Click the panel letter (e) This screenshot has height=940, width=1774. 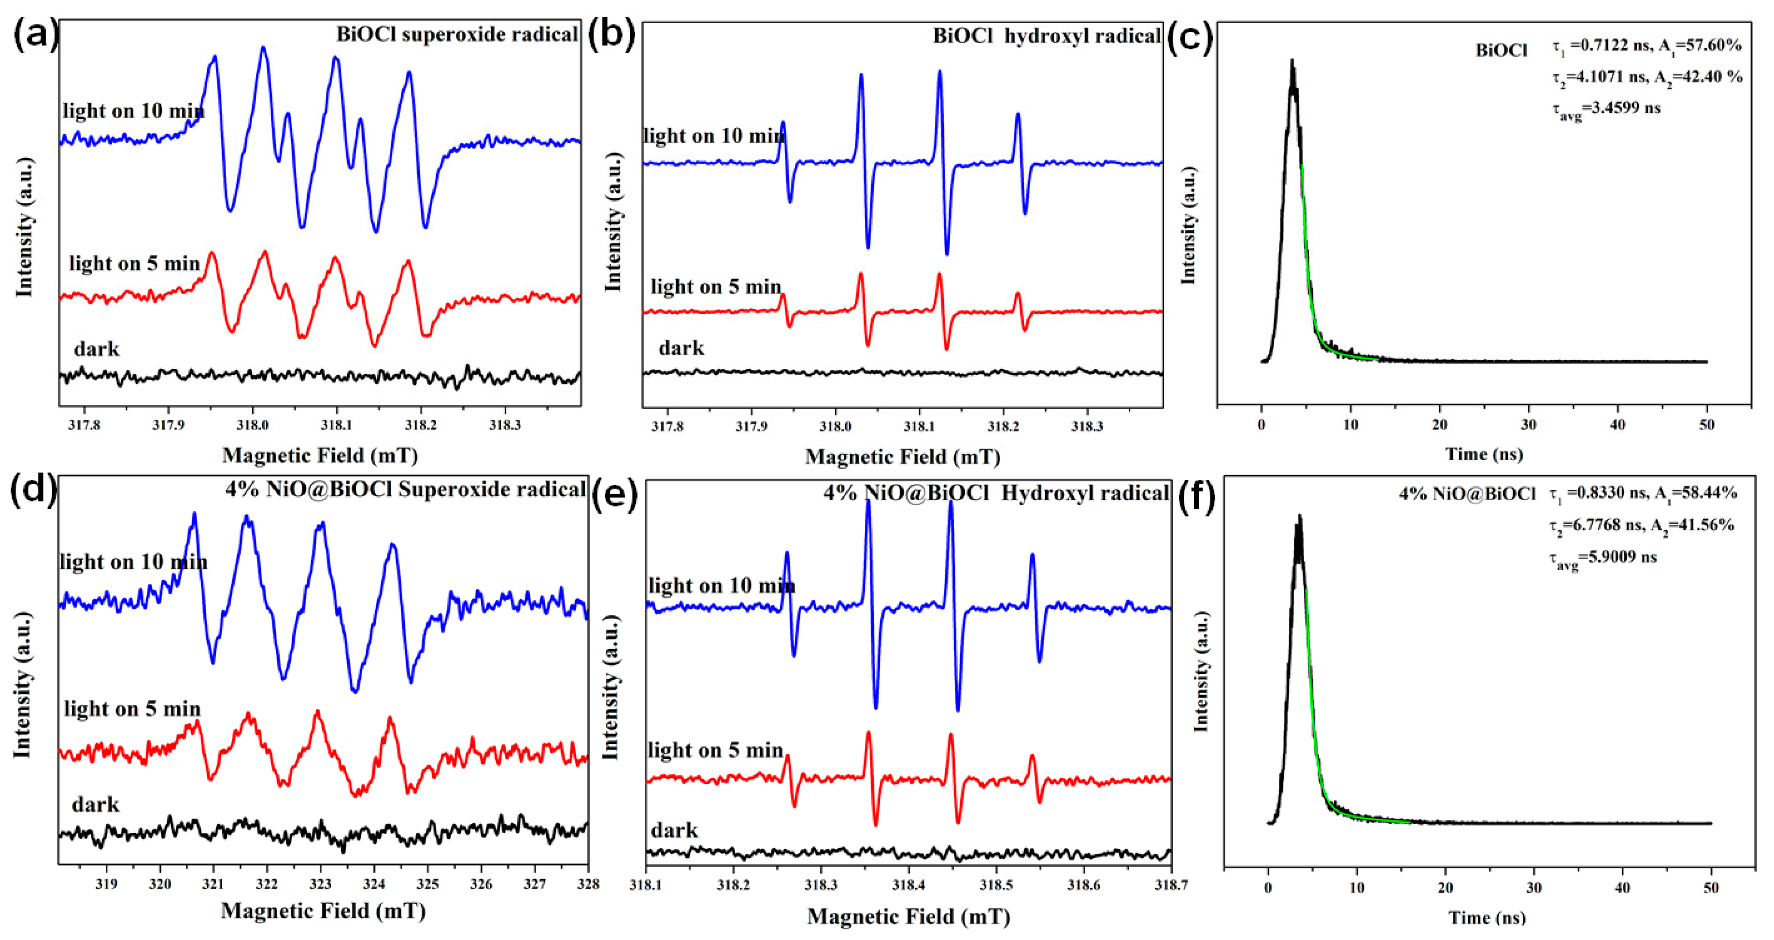614,494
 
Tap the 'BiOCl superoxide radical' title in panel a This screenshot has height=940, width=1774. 456,34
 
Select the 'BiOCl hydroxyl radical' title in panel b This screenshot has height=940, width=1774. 1046,37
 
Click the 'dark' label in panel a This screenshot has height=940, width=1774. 97,349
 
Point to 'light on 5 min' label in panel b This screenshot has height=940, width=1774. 715,286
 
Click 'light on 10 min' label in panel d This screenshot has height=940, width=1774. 133,562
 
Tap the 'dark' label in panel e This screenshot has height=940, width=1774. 674,830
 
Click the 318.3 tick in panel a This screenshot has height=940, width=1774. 505,425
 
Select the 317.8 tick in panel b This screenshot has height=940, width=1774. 667,426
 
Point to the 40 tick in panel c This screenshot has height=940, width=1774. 1618,425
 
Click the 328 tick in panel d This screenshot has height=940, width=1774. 587,884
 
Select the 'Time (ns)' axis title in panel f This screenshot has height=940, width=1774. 1487,917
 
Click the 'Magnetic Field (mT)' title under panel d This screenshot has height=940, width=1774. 323,911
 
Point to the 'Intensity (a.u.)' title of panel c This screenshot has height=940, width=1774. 1188,224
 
